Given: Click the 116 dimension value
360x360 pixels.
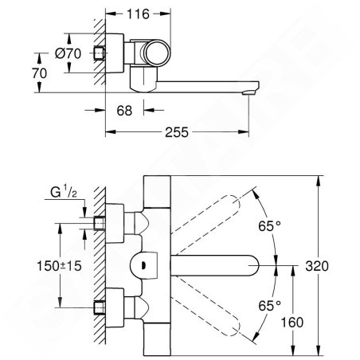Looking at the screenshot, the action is point(138,14).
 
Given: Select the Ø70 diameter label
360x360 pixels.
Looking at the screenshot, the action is point(68,53).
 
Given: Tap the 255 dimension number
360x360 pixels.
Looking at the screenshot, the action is point(177,132).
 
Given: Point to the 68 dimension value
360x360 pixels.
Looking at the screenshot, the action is point(124,111).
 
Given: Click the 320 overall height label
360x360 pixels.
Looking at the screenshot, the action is point(317,266).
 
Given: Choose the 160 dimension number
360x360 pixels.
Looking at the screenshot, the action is point(292,323).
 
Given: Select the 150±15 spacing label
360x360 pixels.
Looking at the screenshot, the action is point(59,266).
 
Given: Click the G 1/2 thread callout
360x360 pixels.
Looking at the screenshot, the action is point(64,192).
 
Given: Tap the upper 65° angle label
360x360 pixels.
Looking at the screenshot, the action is point(270,226).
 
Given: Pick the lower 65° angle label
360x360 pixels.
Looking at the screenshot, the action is point(270,306).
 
